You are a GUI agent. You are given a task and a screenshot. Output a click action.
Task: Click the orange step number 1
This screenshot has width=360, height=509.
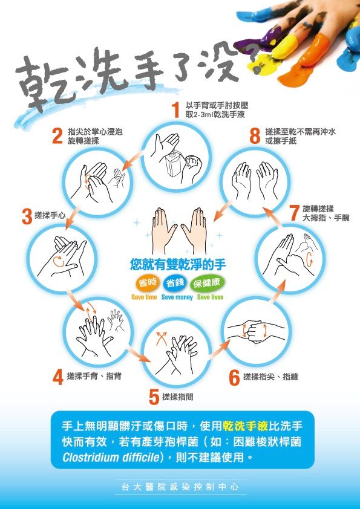pos(175,109)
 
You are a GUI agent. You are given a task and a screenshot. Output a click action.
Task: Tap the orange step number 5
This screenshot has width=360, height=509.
pos(154,397)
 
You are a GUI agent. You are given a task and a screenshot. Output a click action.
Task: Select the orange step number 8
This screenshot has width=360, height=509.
pos(255,135)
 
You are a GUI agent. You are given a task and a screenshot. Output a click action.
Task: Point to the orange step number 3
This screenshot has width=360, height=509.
pos(27,217)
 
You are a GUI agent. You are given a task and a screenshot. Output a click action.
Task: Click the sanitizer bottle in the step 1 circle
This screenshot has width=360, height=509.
pos(174,164)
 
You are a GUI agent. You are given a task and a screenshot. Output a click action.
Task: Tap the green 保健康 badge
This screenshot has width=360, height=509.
pos(207,284)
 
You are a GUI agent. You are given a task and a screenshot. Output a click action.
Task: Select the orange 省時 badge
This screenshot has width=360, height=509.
pos(148,283)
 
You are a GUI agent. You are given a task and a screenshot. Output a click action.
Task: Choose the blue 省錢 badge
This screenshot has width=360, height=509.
pos(175,283)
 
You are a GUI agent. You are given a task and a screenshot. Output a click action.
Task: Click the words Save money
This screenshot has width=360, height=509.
pos(177,297)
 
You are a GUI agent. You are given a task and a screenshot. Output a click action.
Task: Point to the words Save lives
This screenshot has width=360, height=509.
pos(210,297)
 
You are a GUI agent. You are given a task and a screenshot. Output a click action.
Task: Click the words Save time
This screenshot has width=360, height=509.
pos(144,297)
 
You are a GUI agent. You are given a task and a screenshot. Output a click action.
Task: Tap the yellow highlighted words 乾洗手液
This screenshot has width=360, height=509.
pos(245,426)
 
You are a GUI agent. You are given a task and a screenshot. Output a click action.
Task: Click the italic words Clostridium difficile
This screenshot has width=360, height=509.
pos(111,458)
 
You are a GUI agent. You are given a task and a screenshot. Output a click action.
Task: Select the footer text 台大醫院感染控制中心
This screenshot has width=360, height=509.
pos(180,487)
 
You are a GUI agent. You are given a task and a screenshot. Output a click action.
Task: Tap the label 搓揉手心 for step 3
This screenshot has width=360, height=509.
pos(50,215)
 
